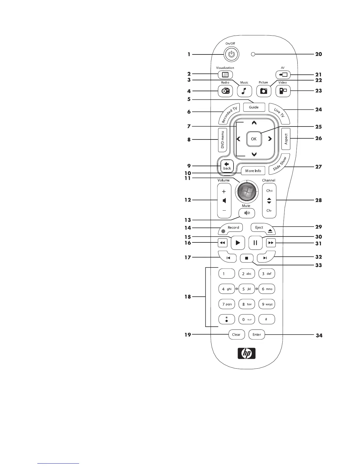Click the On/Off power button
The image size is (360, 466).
pyautogui.click(x=232, y=54)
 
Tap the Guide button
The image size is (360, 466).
pyautogui.click(x=254, y=107)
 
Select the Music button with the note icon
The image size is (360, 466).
pyautogui.click(x=244, y=91)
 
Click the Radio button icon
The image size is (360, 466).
pyautogui.click(x=225, y=91)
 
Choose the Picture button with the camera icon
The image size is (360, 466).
pyautogui.click(x=264, y=91)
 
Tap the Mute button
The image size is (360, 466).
pyautogui.click(x=247, y=213)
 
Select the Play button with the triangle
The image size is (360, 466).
pyautogui.click(x=238, y=243)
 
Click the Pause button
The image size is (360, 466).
pyautogui.click(x=255, y=243)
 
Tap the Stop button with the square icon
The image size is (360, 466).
pyautogui.click(x=247, y=258)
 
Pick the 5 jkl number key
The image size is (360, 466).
pyautogui.click(x=246, y=289)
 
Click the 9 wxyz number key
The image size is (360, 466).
pyautogui.click(x=266, y=304)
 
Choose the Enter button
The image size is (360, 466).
pyautogui.click(x=256, y=334)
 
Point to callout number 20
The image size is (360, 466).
pyautogui.click(x=319, y=54)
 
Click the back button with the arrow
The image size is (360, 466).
pyautogui.click(x=227, y=166)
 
